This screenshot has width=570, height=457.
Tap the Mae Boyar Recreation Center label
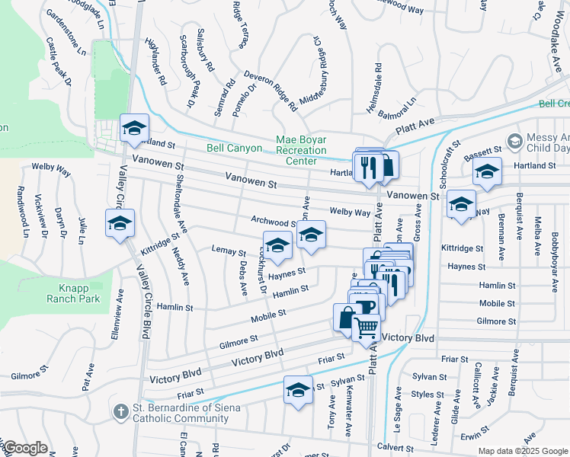(306, 150)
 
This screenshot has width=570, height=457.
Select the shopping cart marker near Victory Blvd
(367, 327)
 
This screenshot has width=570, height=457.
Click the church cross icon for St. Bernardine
(120, 412)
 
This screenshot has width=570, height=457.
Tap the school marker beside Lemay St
(277, 244)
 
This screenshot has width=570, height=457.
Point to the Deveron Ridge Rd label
(270, 91)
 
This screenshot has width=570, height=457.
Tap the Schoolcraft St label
(445, 161)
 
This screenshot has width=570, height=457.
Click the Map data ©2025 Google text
(522, 451)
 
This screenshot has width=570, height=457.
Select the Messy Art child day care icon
(515, 142)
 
